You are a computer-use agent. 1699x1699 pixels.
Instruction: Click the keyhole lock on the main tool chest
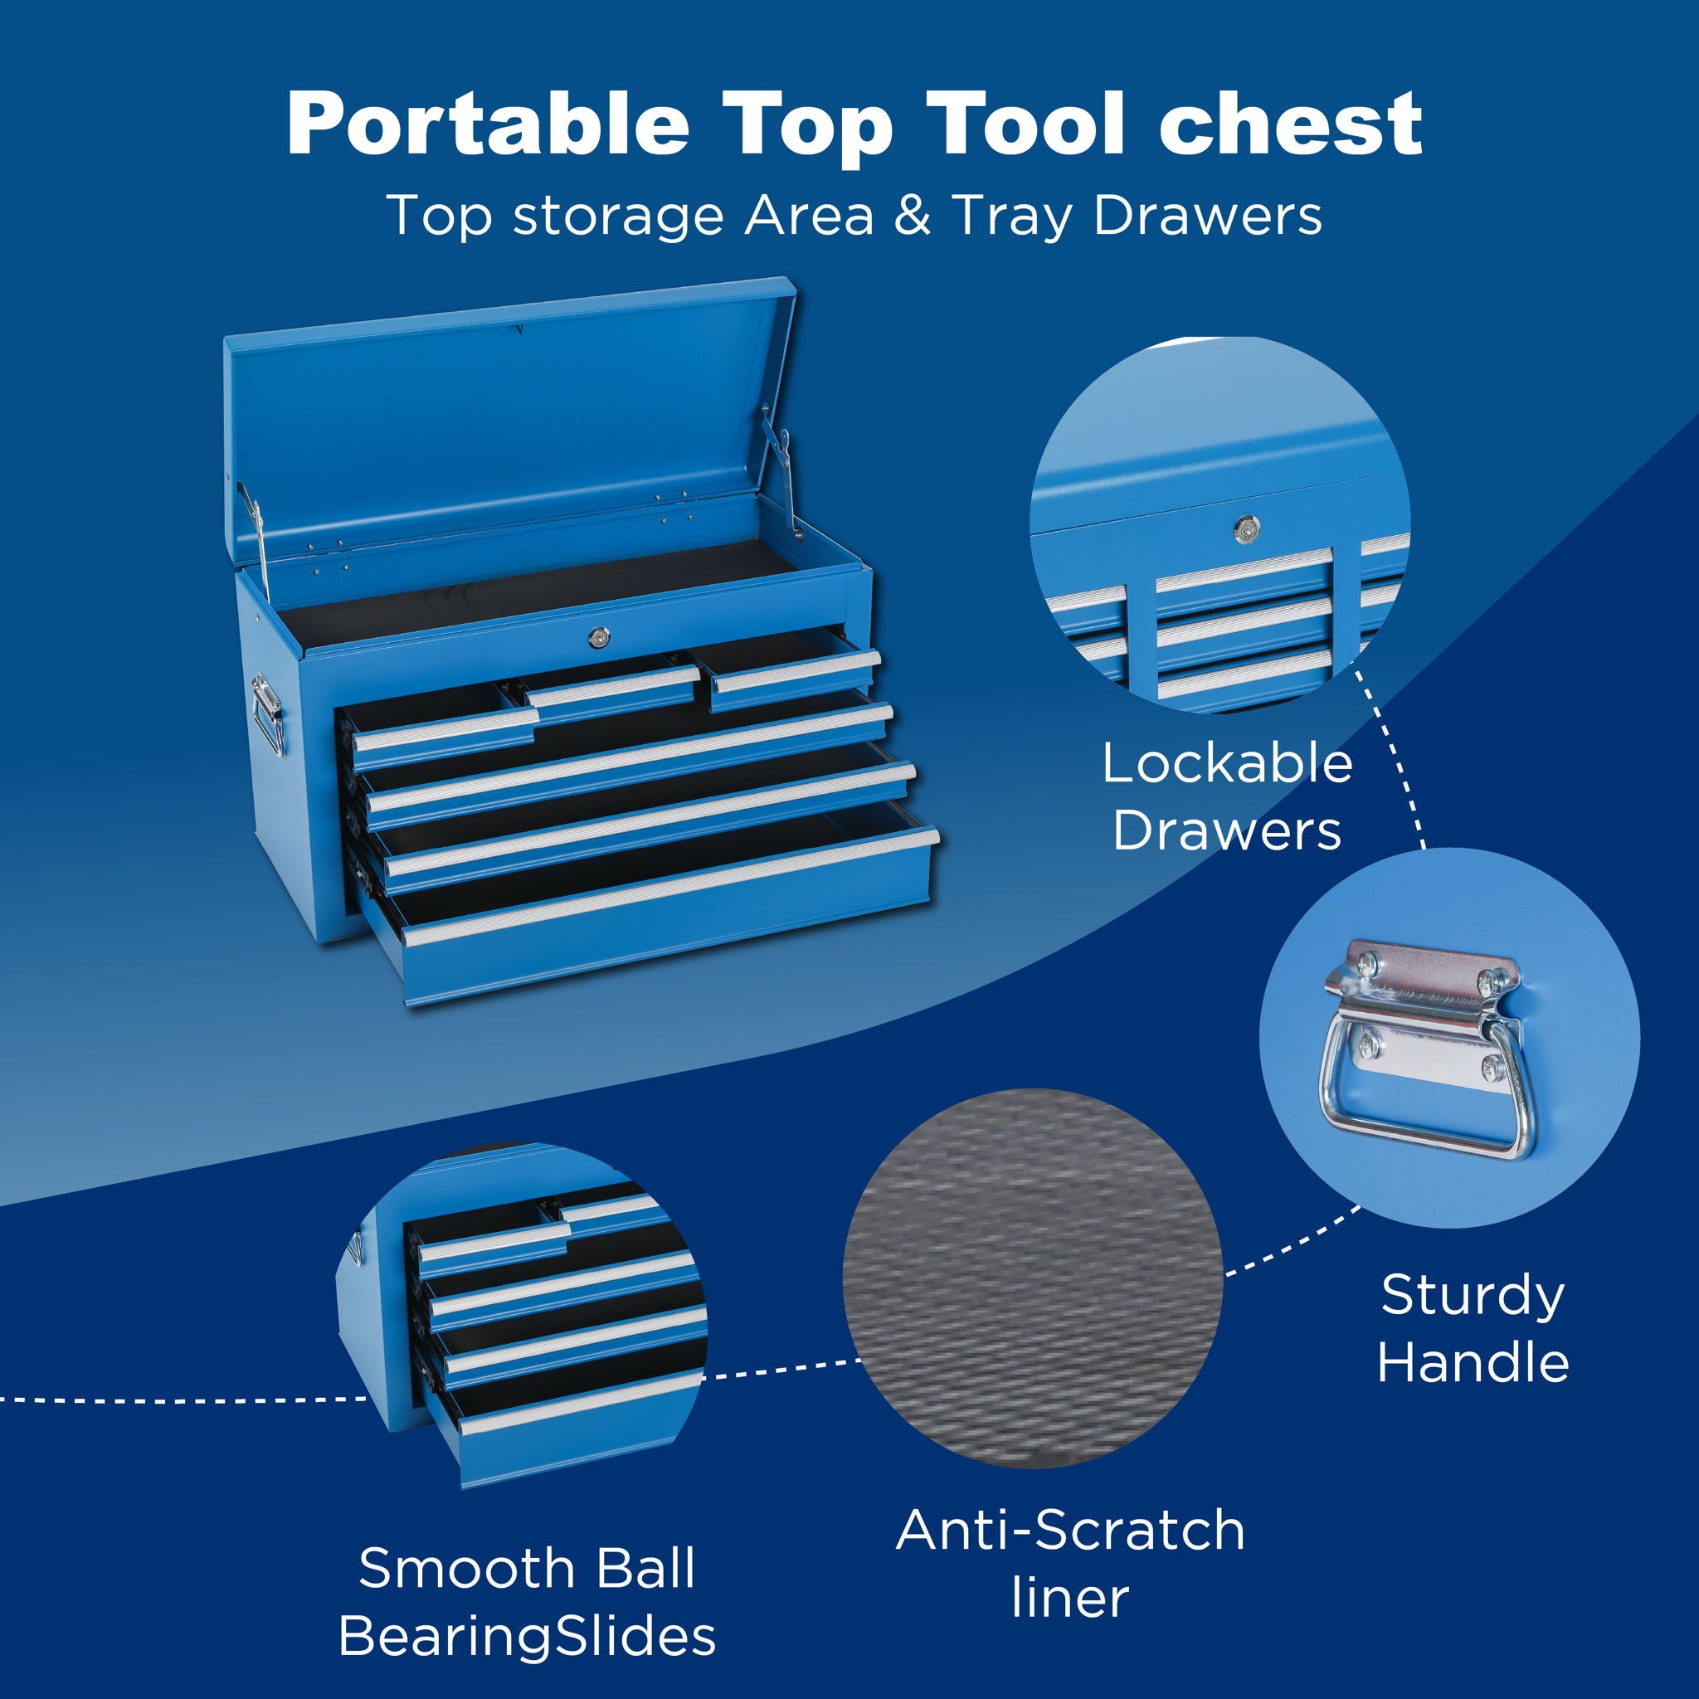(x=598, y=635)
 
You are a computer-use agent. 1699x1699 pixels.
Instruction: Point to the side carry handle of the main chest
(x=266, y=713)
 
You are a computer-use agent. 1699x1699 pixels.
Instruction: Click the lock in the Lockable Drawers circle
(x=1245, y=528)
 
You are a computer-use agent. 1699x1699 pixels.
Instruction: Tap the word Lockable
(x=1227, y=763)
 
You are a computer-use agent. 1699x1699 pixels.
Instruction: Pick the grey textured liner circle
(x=1032, y=1279)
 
